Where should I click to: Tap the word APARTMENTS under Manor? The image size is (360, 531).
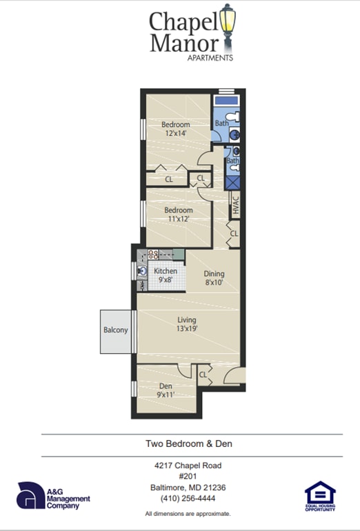pos(210,58)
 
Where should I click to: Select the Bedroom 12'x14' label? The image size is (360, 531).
pos(175,129)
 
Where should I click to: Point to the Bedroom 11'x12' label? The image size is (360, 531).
pos(177,214)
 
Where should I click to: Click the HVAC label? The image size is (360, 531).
pos(234,205)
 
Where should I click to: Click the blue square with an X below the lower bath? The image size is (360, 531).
pos(233,182)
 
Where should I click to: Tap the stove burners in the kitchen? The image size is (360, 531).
pos(153,254)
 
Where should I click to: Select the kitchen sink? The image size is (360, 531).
pos(142,271)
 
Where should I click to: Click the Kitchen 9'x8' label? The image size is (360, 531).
pos(166,275)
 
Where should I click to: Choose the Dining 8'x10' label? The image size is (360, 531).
pos(214,278)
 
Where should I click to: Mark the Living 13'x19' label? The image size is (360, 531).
pos(187,324)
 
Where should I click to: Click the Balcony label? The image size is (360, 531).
pos(116,330)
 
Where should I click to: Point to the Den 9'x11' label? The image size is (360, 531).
pos(166,390)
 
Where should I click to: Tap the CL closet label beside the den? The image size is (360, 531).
pos(203,375)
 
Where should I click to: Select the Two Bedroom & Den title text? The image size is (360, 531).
pos(188,444)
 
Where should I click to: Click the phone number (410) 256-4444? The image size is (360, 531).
pos(188,498)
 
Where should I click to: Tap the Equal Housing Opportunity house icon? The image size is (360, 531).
pos(320,494)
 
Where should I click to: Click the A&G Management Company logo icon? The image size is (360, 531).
pos(30,495)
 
